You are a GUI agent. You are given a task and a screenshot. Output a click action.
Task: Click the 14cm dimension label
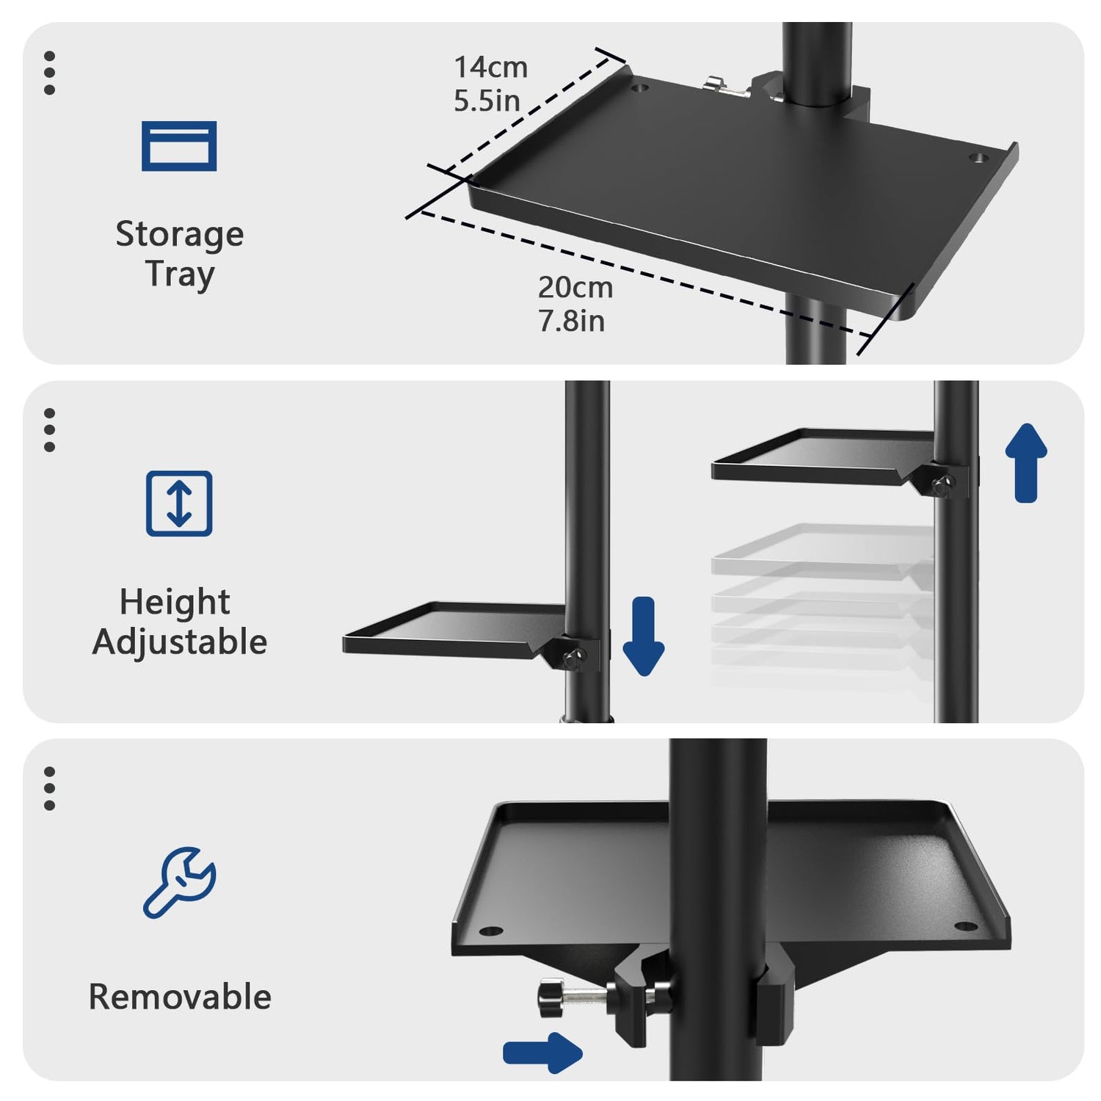coord(490,68)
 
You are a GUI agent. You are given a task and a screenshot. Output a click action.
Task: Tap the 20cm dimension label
coord(575,288)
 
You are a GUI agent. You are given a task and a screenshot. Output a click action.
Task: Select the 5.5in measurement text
coord(487,101)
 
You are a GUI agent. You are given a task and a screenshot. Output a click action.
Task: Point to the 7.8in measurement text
coord(571,321)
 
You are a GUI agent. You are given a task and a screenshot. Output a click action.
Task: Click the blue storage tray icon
coord(179,146)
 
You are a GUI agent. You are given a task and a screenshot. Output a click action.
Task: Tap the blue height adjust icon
coord(179,504)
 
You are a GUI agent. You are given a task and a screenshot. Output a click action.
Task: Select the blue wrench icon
coord(179,882)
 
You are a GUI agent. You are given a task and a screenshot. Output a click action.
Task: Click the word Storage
coord(180,235)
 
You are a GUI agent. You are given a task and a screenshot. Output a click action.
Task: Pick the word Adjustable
coord(180,642)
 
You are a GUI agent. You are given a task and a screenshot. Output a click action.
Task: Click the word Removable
coord(180,997)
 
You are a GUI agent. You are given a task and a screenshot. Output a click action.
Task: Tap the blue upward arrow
coord(1026,462)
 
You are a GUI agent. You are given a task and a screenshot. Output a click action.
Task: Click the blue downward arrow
coord(644,636)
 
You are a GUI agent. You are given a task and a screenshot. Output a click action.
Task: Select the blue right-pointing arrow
coord(542,1053)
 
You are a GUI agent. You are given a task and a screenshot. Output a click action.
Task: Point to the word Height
coord(175,603)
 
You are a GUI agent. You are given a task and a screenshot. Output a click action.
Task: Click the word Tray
coord(180,275)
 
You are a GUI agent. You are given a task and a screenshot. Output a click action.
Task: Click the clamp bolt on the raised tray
coord(943,484)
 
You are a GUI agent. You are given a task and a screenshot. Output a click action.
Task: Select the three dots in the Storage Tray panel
coord(49,73)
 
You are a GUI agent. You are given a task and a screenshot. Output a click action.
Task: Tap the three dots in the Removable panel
coord(49,788)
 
